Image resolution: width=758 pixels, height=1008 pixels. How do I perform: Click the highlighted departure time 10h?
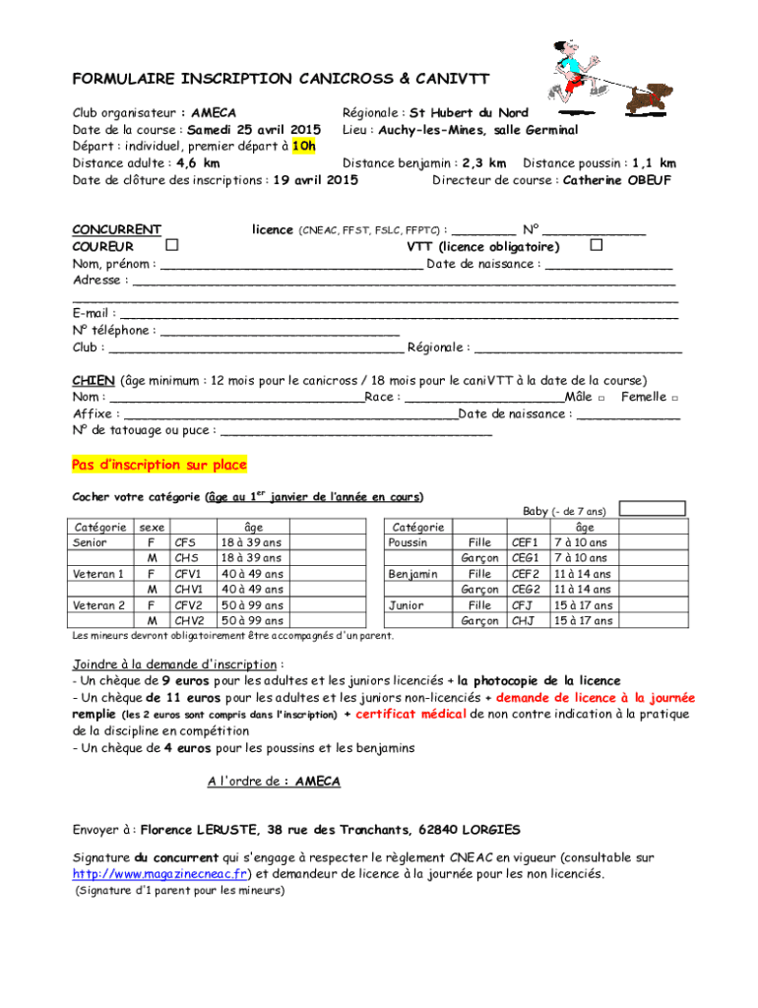(x=305, y=146)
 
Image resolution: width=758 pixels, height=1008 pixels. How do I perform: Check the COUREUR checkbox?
(x=172, y=244)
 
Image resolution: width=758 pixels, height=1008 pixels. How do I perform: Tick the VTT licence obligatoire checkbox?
(x=596, y=244)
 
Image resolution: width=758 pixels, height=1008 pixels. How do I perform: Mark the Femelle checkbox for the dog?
(x=673, y=398)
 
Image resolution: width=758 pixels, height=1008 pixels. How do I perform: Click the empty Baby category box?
(x=653, y=509)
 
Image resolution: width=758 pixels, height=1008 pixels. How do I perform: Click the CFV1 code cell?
(x=188, y=574)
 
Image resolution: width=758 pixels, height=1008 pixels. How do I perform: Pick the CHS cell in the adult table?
(x=186, y=558)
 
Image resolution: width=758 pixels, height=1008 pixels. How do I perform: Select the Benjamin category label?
(x=413, y=574)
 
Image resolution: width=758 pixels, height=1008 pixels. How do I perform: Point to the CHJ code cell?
(x=523, y=621)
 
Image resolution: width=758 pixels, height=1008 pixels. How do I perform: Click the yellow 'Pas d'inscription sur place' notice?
(x=159, y=465)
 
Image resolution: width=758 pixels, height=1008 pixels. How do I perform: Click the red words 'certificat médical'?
(x=411, y=714)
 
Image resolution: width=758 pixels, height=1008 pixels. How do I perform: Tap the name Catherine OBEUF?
(x=618, y=180)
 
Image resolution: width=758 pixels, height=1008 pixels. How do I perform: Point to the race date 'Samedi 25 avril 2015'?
(x=255, y=130)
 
